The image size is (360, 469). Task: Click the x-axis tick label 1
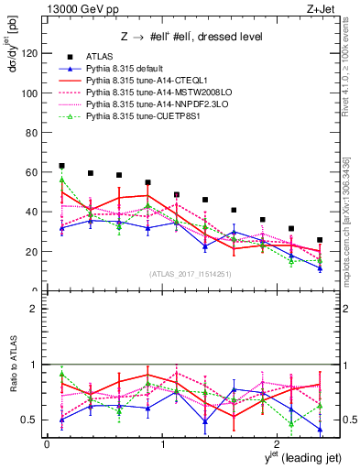click(162, 445)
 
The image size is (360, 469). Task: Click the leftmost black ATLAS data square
click(61, 166)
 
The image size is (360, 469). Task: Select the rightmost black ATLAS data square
click(320, 240)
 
